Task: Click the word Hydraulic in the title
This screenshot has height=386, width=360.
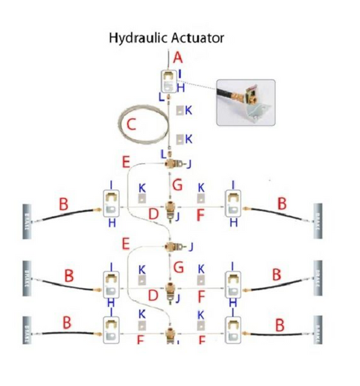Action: point(135,38)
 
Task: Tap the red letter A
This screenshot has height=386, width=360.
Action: point(178,58)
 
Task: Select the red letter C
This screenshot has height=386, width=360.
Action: point(132,125)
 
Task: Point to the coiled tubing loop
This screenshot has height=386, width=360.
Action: point(145,127)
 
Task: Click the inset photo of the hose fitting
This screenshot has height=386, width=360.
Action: point(245,102)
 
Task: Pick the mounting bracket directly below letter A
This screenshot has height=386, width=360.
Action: point(168,82)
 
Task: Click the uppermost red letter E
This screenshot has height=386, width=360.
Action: point(126,163)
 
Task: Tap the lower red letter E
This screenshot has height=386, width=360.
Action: point(126,242)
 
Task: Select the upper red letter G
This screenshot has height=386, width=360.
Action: point(178,184)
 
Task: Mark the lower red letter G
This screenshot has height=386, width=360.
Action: point(178,267)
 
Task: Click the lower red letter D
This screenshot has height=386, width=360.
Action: point(153,294)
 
